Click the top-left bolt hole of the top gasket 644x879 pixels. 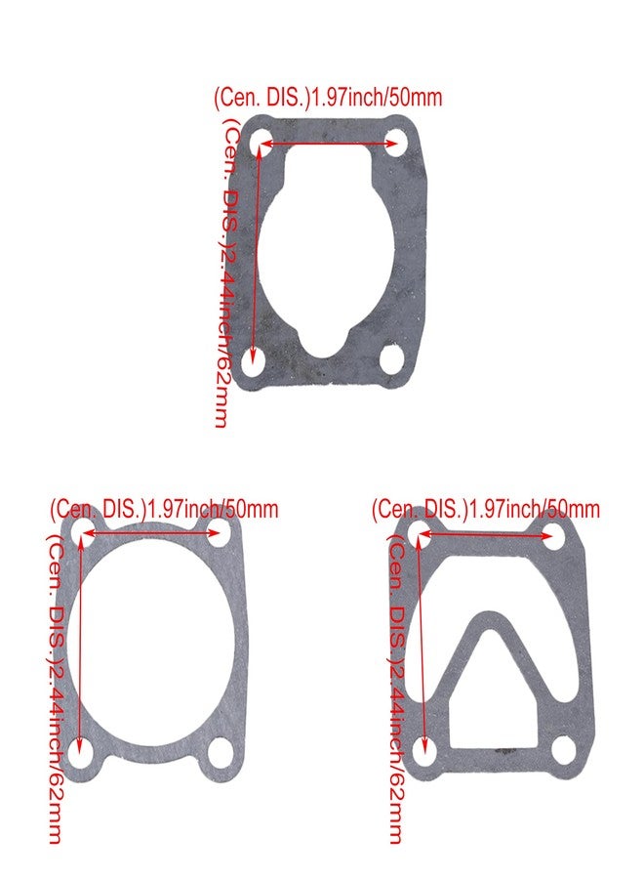pos(260,144)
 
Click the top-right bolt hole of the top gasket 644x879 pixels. pos(395,144)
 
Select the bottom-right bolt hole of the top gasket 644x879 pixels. pos(392,358)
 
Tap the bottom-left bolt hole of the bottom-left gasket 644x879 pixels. pos(83,754)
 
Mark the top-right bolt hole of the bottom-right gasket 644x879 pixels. pos(555,533)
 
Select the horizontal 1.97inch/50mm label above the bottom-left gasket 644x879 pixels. pos(164,509)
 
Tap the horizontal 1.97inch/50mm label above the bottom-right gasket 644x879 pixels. pos(485,509)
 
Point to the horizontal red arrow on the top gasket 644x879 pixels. pos(328,144)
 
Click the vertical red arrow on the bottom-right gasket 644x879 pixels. pos(423,645)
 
